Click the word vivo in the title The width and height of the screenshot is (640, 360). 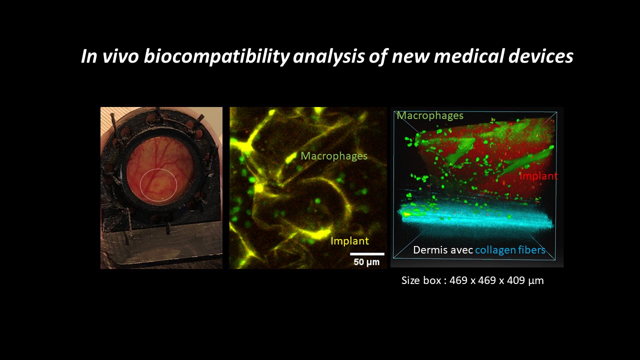[120, 56]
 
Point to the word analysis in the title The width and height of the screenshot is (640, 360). [328, 56]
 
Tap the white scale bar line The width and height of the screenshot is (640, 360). [367, 253]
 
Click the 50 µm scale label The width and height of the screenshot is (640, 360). [366, 262]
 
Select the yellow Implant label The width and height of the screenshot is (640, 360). [349, 241]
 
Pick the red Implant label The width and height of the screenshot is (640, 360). [538, 176]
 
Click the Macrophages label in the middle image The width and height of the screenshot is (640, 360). [334, 156]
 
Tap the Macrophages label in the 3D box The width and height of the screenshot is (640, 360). [430, 115]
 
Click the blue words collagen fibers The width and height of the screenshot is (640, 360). [510, 250]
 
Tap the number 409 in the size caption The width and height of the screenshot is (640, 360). [516, 280]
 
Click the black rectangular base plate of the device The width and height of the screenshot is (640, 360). [161, 245]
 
